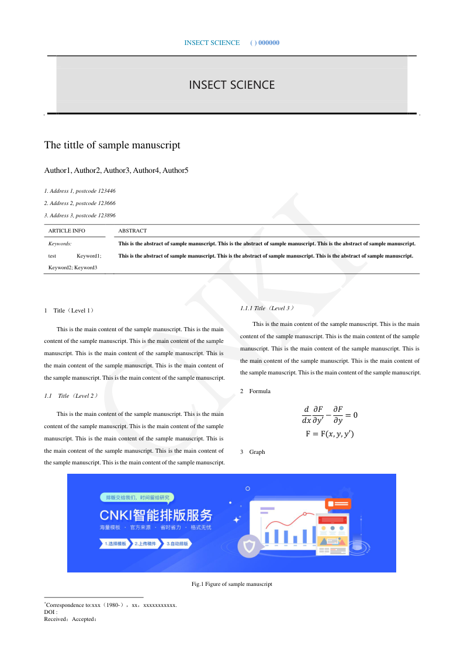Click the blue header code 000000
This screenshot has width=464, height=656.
pos(269,43)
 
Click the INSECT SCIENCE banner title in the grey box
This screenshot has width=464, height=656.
pos(231,85)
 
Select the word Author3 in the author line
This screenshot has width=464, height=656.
pos(116,171)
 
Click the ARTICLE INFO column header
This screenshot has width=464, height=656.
pos(67,231)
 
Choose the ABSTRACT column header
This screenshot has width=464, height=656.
pos(133,231)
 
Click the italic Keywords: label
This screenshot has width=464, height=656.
pos(60,243)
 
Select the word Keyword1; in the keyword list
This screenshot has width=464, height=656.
pos(89,256)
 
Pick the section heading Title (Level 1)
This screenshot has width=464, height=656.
pos(74,311)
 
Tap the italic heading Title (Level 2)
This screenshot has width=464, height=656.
pos(78,396)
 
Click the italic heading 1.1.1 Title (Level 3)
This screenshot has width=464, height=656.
pos(267,308)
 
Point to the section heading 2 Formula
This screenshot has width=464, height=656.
pos(255,391)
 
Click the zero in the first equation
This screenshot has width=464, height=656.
pos(354,415)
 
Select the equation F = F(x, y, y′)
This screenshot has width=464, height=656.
pos(330,434)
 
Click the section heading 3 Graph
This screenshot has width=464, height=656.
pos(252,452)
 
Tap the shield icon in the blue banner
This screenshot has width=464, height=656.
pos(250,547)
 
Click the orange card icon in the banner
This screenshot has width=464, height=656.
pos(338,504)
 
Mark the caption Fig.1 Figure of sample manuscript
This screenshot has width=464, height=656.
pos(232,584)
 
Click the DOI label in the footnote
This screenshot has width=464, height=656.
pos(50,612)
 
